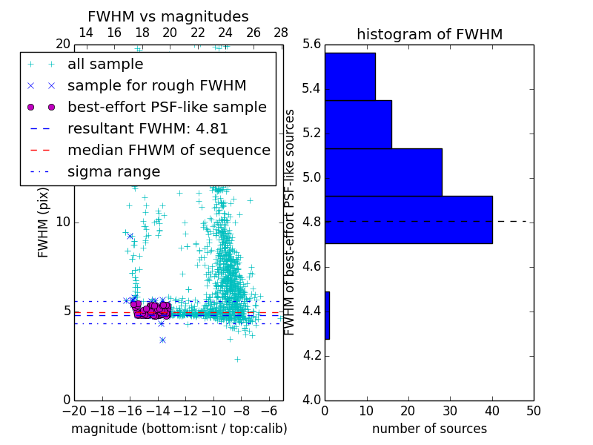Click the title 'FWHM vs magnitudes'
(168, 16)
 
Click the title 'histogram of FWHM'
(429, 34)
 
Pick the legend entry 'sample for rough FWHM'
(156, 85)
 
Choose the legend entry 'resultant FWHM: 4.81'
(148, 128)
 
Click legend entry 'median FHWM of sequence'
(168, 150)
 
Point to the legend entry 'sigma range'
(113, 171)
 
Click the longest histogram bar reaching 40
(408, 220)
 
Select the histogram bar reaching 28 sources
(383, 172)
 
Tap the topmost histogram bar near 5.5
(350, 76)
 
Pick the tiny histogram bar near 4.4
(327, 315)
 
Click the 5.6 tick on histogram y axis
(311, 44)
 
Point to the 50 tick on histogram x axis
(533, 410)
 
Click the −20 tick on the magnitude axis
(74, 410)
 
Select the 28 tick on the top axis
(281, 33)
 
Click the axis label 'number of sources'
(429, 429)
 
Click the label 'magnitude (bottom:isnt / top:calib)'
(179, 429)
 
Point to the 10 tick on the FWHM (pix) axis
(63, 222)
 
